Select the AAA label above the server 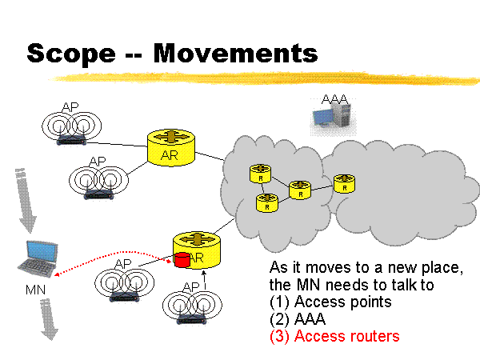(334, 98)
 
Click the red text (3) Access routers (334, 336)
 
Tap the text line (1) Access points (330, 302)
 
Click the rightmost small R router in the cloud (344, 182)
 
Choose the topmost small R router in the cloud (260, 174)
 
